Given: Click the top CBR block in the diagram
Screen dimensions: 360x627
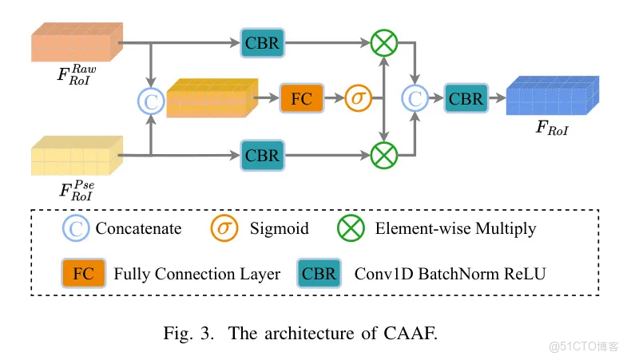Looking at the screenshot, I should (x=261, y=42).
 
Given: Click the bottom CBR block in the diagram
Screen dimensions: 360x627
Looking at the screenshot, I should (x=261, y=155).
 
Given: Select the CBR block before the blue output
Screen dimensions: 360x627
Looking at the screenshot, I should (x=465, y=99).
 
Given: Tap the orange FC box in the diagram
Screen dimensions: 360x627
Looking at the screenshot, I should (x=301, y=99).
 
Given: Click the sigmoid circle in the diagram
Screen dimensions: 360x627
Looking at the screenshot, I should (x=358, y=99).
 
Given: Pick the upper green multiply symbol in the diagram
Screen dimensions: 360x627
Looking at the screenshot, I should (x=385, y=42).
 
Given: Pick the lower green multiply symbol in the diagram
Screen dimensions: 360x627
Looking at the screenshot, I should (x=385, y=155).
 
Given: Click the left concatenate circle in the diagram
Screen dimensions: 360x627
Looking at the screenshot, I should (x=150, y=100).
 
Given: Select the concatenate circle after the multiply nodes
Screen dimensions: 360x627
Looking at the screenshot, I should (x=415, y=99).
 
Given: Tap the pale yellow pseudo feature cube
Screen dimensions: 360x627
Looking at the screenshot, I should (x=76, y=156).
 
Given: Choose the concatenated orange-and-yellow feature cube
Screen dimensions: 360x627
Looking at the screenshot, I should (x=208, y=98).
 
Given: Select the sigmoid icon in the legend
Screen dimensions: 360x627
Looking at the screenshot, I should (x=224, y=228).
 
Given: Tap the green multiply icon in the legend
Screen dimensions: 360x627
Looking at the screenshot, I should (x=352, y=228).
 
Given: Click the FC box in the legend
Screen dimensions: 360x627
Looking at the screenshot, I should (x=82, y=274).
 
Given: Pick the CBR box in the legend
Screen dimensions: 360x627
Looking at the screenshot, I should (x=318, y=274).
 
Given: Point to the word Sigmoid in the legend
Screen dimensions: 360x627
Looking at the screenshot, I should (x=280, y=229).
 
